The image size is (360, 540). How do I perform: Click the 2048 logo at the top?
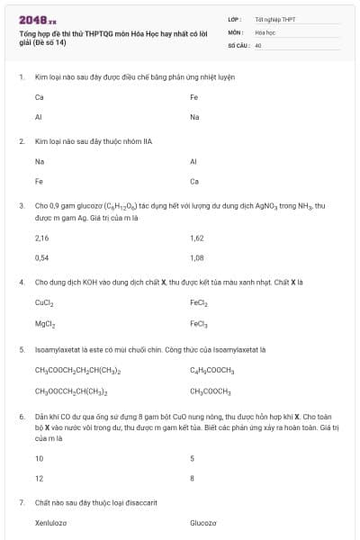point(37,20)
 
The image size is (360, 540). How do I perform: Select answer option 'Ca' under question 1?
point(39,97)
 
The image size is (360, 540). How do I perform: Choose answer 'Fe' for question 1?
point(193,97)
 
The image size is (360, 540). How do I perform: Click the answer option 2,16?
point(41,238)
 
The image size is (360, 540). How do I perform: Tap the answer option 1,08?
point(197,257)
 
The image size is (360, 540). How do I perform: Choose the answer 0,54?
point(41,257)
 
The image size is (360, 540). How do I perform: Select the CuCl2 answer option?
point(44,303)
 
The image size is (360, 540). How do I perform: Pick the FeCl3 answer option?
point(199,323)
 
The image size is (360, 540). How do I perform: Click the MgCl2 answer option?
point(45,323)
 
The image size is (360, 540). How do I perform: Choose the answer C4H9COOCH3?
point(212,371)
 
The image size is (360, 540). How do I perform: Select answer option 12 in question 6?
point(39,478)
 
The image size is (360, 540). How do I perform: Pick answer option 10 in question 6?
point(39,458)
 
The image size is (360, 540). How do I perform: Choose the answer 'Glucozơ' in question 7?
point(203,522)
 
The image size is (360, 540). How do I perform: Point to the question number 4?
point(21,282)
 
